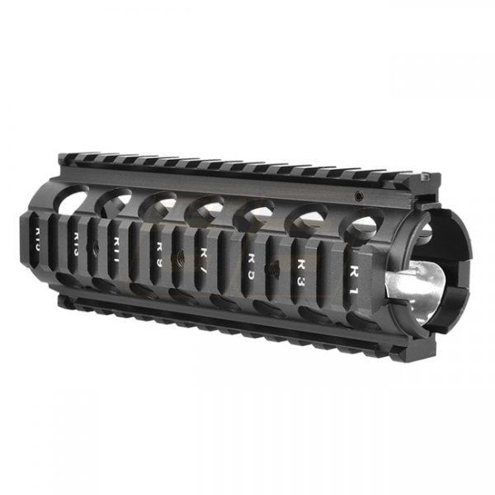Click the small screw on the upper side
pyautogui.click(x=359, y=196)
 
